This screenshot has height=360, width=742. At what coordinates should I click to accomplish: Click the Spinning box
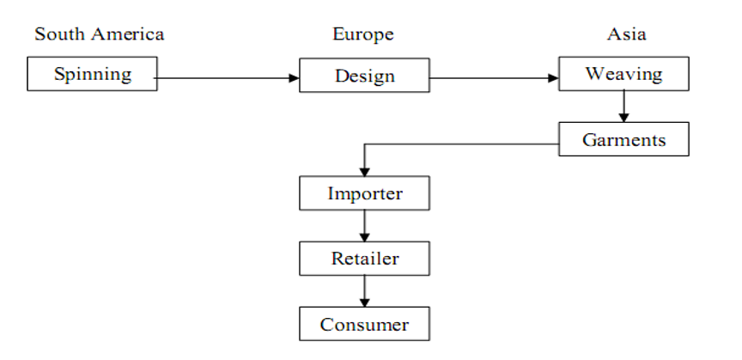(x=93, y=74)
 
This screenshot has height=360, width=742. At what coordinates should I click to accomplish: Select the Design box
(x=364, y=76)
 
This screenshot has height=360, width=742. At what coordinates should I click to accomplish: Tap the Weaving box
(x=623, y=74)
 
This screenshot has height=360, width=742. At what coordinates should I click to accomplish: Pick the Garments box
(x=623, y=139)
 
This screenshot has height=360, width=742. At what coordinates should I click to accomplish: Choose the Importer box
(x=364, y=193)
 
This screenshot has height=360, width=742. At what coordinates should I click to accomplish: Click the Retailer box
(x=364, y=259)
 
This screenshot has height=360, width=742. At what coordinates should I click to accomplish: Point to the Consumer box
(x=364, y=324)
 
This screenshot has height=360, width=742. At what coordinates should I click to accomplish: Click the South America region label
(x=99, y=34)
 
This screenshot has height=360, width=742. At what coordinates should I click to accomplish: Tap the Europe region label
(x=363, y=34)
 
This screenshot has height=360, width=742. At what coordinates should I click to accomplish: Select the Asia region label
(x=626, y=34)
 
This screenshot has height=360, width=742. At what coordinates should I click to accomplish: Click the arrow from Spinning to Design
(x=228, y=79)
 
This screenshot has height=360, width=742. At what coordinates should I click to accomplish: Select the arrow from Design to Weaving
(x=494, y=79)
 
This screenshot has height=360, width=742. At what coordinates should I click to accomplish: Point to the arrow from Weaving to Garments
(x=624, y=105)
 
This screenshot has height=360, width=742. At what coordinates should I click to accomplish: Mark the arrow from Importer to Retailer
(x=364, y=226)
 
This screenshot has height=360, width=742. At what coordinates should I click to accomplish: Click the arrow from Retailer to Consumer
(x=364, y=291)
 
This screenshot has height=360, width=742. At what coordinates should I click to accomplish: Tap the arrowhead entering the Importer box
(x=364, y=172)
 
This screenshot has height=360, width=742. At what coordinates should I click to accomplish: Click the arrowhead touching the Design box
(x=294, y=79)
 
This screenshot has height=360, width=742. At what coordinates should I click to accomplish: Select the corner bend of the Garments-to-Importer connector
(x=364, y=145)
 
